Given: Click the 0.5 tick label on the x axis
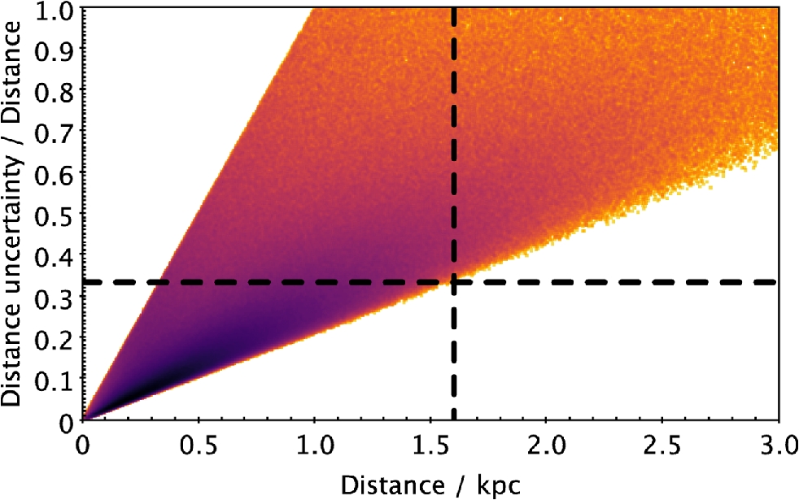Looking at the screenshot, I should [x=198, y=446].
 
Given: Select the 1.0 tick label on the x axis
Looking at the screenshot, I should [x=314, y=446].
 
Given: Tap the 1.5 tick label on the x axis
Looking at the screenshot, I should [x=430, y=446].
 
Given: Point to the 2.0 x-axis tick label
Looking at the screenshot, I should [x=547, y=446].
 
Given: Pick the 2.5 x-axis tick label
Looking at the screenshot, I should [x=663, y=446].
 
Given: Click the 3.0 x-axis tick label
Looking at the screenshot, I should [x=776, y=446].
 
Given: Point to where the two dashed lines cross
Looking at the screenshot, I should [x=454, y=282].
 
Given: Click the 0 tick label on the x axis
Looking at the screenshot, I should [x=82, y=446].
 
